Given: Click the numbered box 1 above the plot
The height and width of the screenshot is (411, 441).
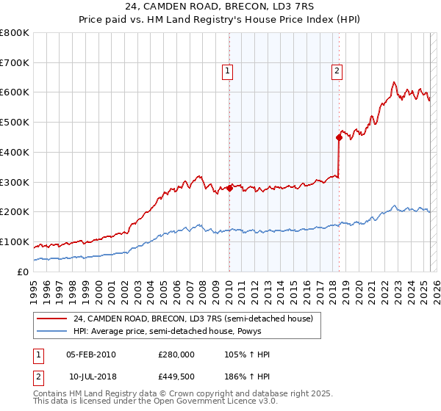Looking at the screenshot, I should [x=228, y=71].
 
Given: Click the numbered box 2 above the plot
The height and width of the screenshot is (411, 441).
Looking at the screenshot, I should [x=337, y=71].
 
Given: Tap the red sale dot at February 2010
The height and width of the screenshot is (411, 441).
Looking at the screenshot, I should [x=229, y=188].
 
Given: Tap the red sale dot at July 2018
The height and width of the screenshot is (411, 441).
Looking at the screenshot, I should [x=339, y=137].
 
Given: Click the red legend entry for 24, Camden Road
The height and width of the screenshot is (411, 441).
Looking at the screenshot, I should [x=193, y=319].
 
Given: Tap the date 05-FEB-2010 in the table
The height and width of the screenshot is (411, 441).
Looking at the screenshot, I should [x=90, y=354].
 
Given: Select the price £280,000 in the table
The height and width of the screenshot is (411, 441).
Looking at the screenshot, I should [x=176, y=354].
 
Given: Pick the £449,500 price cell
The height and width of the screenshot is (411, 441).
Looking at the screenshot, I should [x=176, y=377].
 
